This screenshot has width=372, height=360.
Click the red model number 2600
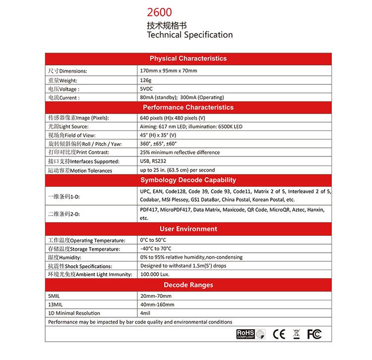pos(158,12)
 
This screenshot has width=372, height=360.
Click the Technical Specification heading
pos(189,35)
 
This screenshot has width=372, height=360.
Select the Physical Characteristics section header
pos(188,58)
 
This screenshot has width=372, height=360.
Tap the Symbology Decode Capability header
pos(188,180)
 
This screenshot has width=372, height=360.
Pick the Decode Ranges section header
pos(188,285)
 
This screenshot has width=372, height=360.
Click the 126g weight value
pos(146,79)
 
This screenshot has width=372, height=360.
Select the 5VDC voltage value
pos(148,88)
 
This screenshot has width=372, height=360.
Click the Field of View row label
pos(71,135)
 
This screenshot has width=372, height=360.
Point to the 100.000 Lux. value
pos(155,274)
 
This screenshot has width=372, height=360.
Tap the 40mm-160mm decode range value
pos(157,304)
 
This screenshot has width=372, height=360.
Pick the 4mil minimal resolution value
pos(145,313)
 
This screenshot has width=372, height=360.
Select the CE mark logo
pos(279,334)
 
